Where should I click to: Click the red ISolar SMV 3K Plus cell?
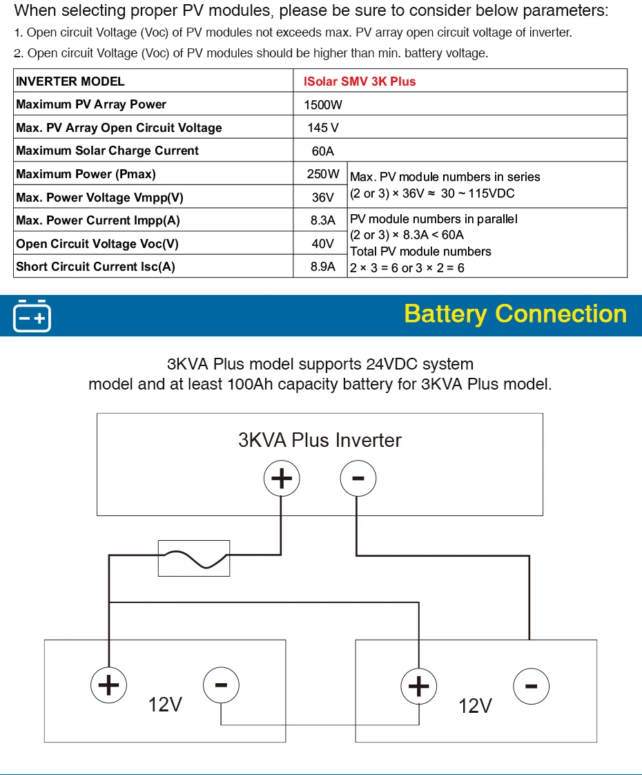tap(360, 82)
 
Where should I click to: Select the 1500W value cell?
tap(323, 105)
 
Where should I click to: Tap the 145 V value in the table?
tap(323, 128)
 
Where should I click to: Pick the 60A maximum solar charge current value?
tap(323, 151)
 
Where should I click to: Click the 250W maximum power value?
tap(323, 174)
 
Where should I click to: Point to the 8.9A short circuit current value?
tap(323, 267)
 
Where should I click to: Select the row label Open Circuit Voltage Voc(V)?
tap(97, 244)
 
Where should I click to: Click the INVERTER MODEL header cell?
tap(70, 82)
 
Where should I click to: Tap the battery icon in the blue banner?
tap(32, 316)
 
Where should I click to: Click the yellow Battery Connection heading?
tap(515, 314)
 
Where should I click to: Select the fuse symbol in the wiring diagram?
tap(194, 558)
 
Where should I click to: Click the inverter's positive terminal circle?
tap(281, 479)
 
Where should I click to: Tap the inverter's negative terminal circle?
tap(358, 479)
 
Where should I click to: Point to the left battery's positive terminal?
tap(108, 685)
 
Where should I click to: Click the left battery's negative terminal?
tap(221, 685)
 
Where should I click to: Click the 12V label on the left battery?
tap(166, 705)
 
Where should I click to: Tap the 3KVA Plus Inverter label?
tap(320, 440)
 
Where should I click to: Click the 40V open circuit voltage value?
tap(323, 244)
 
